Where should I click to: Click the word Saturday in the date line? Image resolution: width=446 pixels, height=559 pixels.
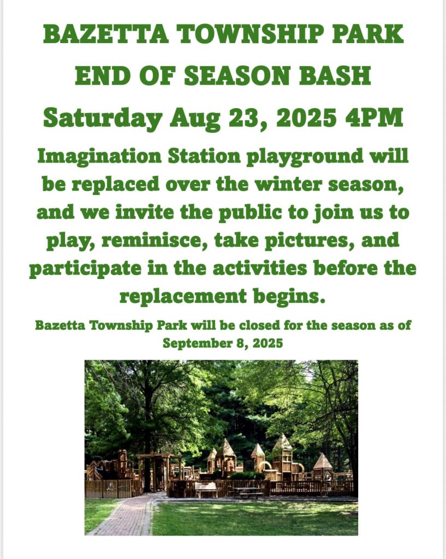coord(102,118)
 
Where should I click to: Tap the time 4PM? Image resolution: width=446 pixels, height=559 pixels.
coord(374,118)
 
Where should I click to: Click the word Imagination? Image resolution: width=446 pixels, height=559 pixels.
coord(99,157)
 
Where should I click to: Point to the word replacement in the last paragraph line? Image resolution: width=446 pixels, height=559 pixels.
coord(183,296)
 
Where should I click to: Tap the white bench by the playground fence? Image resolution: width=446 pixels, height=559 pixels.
coord(206,490)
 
